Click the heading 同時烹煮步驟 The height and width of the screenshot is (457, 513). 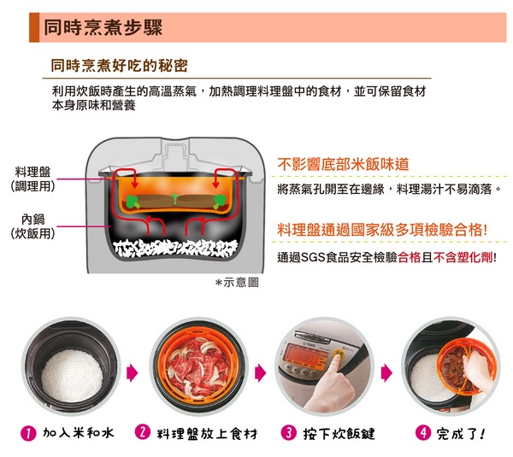tap(103, 27)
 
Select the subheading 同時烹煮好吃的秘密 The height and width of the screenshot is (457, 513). tap(119, 66)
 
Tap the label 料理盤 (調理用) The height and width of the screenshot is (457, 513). tap(32, 179)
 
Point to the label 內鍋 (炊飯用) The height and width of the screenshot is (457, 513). tap(32, 226)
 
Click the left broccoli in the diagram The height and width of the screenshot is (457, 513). tap(133, 202)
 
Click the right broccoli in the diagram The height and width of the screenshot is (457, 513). tap(220, 202)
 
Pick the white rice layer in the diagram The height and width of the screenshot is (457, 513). tap(175, 248)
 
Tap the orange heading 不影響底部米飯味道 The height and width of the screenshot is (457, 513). tap(343, 164)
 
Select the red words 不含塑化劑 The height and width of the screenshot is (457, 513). tap(463, 258)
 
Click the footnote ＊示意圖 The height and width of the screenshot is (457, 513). tap(237, 283)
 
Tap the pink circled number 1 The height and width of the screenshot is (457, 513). tap(28, 433)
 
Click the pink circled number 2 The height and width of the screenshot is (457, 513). tap(143, 432)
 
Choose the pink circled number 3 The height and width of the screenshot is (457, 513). tap(289, 433)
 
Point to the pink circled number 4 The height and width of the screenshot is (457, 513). tap(423, 433)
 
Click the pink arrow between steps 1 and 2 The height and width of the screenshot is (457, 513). tap(132, 373)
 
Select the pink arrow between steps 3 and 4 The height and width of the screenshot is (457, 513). tap(386, 373)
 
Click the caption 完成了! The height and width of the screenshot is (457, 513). tap(461, 434)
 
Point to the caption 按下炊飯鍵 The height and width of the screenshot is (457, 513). tap(339, 434)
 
